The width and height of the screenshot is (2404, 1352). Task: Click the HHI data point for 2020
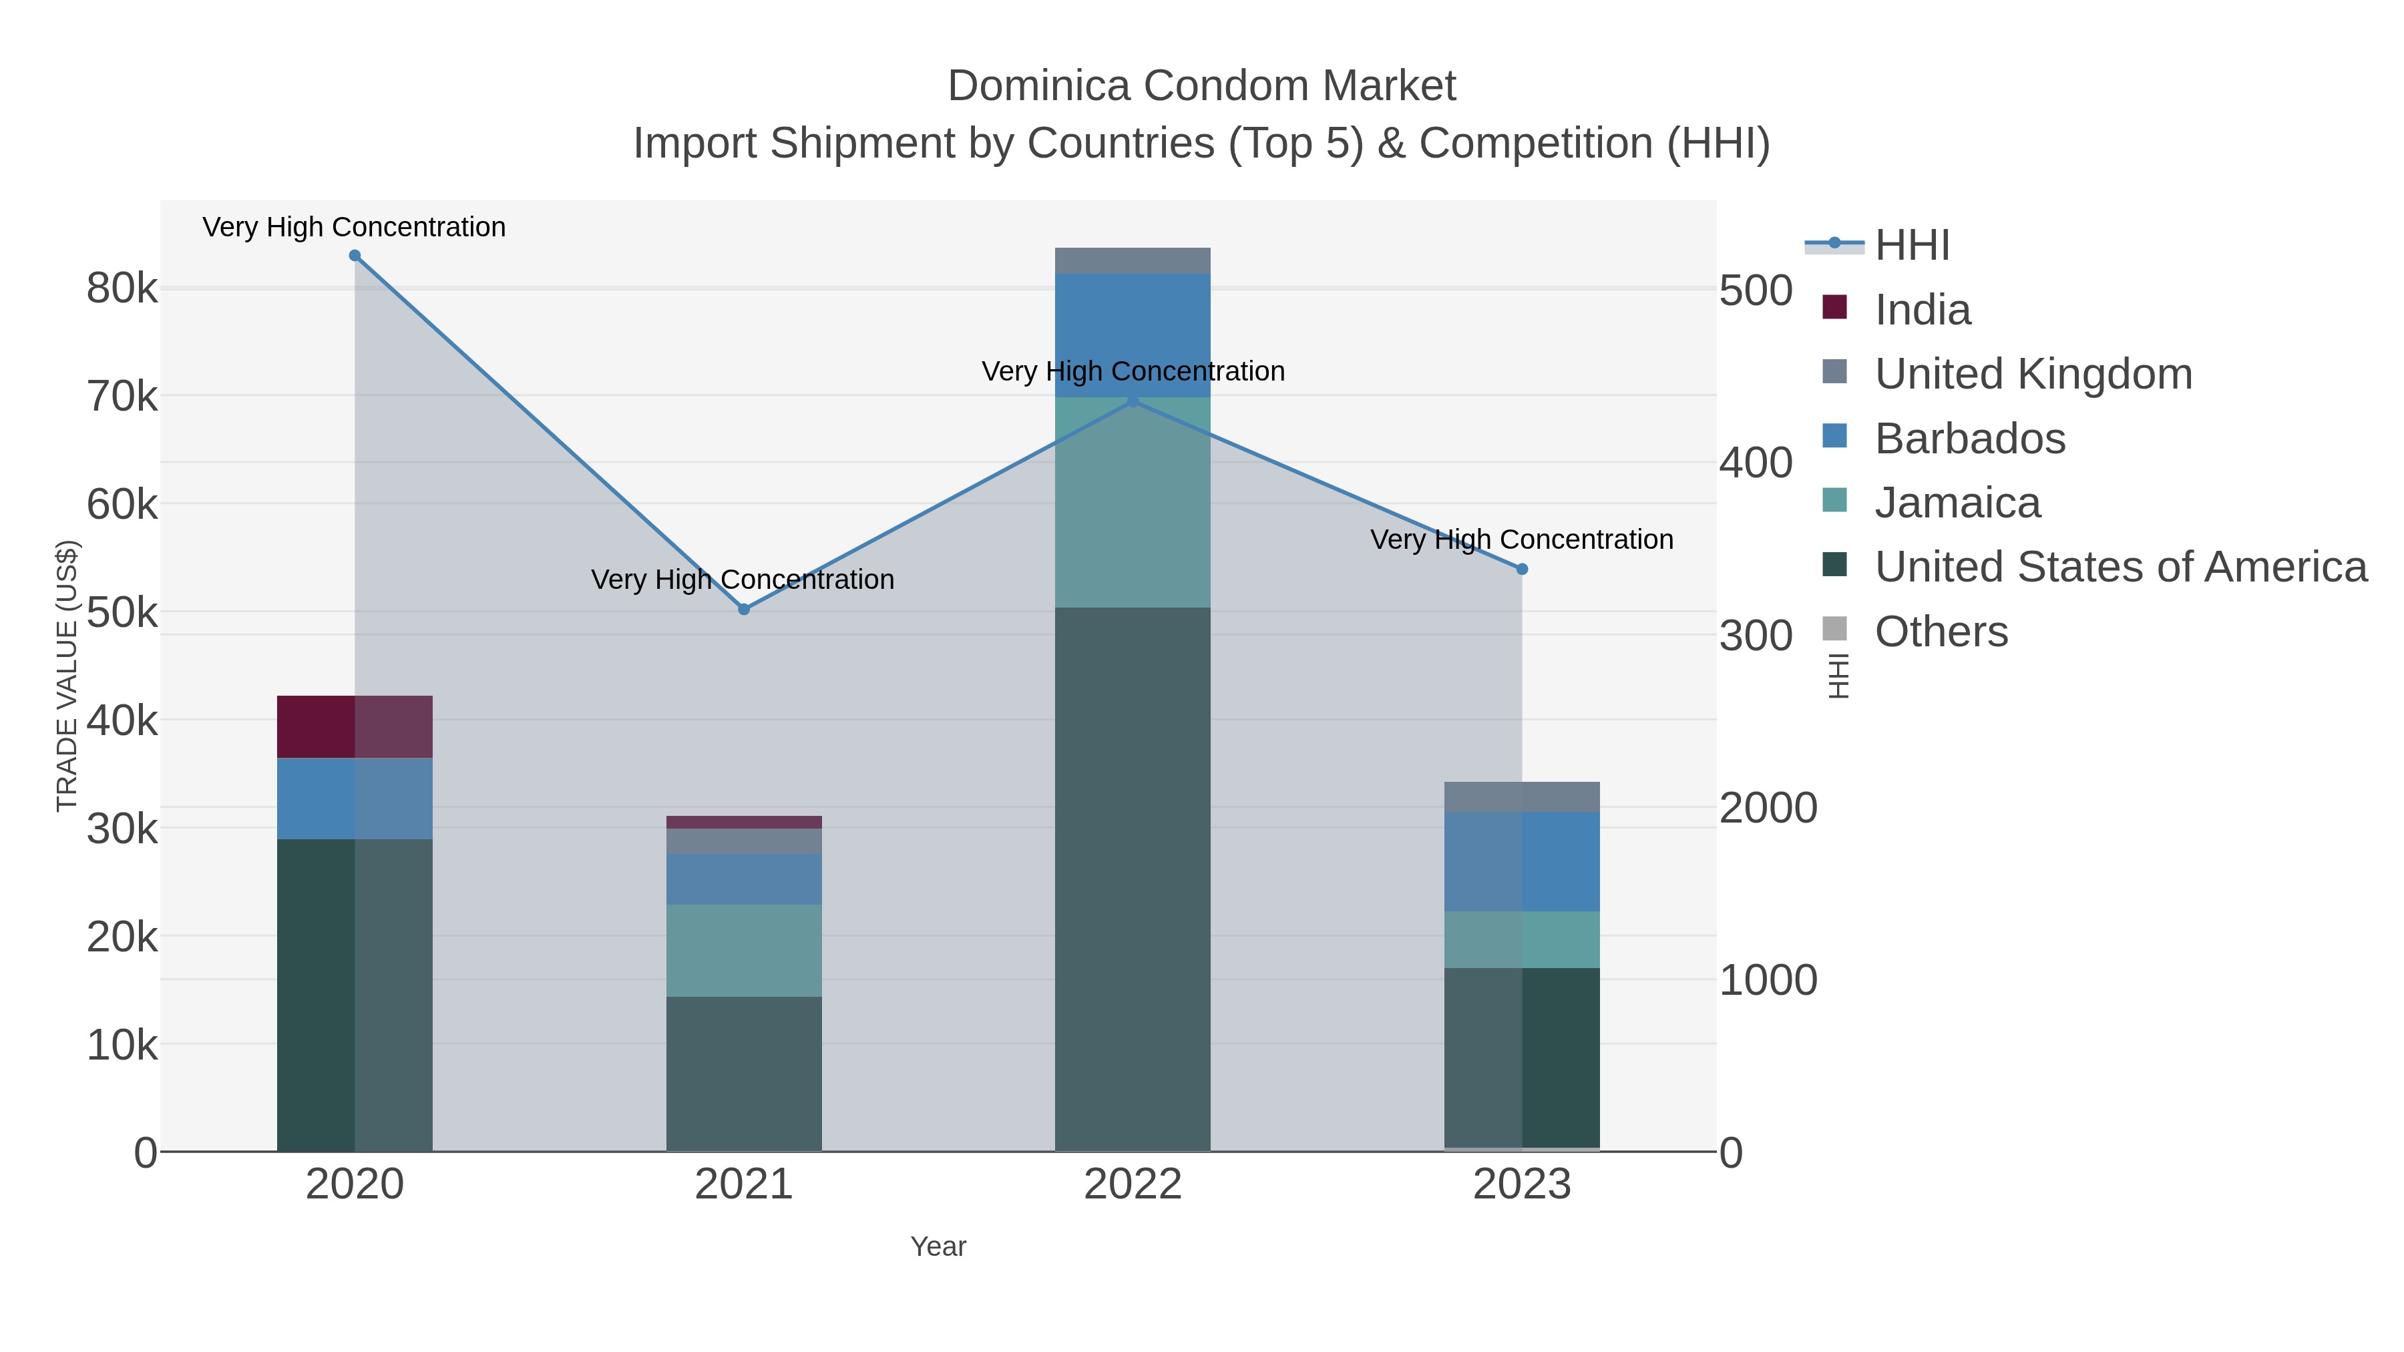(x=355, y=256)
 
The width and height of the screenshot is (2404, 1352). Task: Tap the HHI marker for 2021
(x=744, y=610)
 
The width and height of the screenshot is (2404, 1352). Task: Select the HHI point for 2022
(x=1133, y=401)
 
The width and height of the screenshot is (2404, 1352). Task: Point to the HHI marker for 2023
(x=1522, y=569)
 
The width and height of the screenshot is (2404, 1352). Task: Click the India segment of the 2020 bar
(x=355, y=727)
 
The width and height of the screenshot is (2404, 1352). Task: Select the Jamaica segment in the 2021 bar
(x=744, y=950)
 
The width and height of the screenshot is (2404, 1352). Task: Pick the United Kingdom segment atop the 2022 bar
(x=1133, y=260)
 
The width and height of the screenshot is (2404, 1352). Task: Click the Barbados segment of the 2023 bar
(x=1522, y=861)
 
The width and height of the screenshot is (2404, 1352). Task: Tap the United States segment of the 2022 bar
(x=1133, y=877)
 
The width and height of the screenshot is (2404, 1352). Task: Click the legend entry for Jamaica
(x=1957, y=503)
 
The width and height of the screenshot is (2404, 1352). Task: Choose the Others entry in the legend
(x=1941, y=632)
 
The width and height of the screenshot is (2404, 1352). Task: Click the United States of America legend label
(x=2120, y=568)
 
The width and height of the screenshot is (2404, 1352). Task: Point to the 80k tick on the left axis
(x=122, y=289)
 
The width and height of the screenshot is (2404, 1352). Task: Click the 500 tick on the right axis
(x=1756, y=291)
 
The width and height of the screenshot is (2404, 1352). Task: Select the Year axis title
(x=938, y=1247)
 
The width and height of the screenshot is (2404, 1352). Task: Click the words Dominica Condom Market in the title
(x=1201, y=86)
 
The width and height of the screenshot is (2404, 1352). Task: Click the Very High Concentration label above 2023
(x=1521, y=539)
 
